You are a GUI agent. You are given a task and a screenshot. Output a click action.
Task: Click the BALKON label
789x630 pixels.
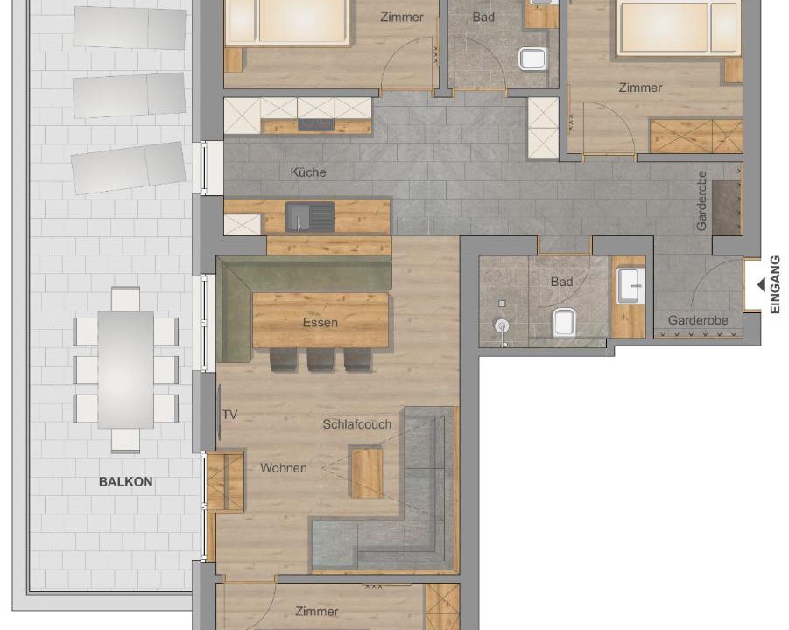[x=125, y=481]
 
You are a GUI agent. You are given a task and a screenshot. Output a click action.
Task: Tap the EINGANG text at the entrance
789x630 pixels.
[x=775, y=285]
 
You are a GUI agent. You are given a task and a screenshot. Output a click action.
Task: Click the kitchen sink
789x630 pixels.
[x=310, y=217]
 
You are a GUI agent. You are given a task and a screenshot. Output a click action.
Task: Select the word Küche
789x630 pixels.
[x=308, y=172]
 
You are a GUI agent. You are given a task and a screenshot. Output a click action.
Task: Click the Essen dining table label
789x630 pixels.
[x=320, y=322]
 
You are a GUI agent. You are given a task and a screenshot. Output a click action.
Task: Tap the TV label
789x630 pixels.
[x=230, y=415]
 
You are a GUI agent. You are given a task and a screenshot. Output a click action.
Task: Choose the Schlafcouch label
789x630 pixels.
[x=356, y=424]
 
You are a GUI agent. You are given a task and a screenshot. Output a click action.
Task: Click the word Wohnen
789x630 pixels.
[x=284, y=468]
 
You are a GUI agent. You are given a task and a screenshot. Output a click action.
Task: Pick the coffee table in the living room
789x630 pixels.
[x=366, y=472]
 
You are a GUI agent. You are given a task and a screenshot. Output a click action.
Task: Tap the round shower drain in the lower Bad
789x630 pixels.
[x=502, y=326]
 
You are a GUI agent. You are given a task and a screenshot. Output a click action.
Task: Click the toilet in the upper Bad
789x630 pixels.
[x=532, y=59]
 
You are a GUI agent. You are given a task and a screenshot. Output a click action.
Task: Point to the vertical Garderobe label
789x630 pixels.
[x=702, y=200]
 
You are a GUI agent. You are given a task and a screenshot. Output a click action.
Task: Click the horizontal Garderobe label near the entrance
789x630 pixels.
[x=698, y=320]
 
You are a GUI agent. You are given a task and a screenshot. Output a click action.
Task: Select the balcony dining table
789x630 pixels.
[x=126, y=369]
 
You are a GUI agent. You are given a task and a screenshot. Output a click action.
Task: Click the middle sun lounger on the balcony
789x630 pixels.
[x=130, y=95]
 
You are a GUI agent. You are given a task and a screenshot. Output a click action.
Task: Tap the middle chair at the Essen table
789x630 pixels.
[x=321, y=360]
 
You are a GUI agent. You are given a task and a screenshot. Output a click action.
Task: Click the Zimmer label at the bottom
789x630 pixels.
[x=316, y=612]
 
